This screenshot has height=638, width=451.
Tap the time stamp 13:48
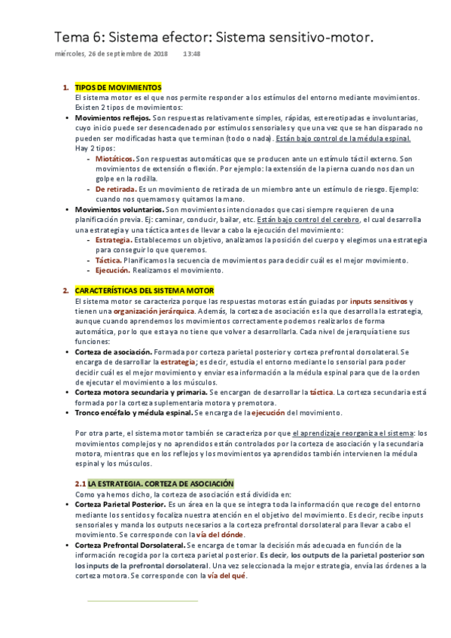[193, 54]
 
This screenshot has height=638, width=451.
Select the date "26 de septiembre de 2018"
[130, 54]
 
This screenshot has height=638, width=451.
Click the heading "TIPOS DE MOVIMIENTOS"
[118, 88]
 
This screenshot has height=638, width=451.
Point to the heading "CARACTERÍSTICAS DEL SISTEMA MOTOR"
[145, 290]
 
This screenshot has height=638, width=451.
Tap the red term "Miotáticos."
[114, 159]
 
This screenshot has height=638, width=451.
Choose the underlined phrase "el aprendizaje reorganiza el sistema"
[351, 433]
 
